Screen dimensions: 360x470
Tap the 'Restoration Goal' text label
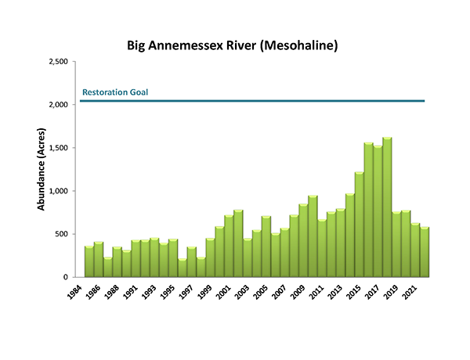[115, 92]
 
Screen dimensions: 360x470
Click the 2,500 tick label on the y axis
[59, 62]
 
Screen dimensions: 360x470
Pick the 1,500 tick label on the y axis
[59, 148]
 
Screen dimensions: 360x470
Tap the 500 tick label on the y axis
[63, 234]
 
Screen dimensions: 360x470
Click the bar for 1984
[89, 262]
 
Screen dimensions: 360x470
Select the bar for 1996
[183, 262]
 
